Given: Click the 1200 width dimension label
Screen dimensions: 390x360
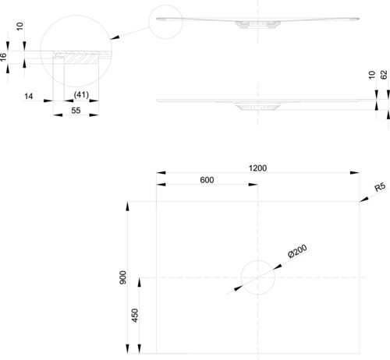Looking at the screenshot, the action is tap(257, 168).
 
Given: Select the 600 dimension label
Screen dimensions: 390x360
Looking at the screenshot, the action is tap(207, 180).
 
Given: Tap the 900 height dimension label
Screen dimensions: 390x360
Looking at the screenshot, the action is tap(123, 277).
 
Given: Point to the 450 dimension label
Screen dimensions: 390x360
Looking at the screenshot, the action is tap(135, 316).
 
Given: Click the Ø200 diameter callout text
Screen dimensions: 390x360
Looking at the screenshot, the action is tap(298, 251).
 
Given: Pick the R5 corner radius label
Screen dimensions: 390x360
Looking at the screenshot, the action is tap(380, 187).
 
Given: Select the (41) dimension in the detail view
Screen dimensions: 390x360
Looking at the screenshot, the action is tap(81, 95).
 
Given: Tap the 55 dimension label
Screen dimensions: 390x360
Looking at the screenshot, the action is tap(76, 111).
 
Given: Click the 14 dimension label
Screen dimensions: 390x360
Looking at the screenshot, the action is tap(29, 97).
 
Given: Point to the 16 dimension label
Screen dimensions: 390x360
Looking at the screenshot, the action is tap(3, 57).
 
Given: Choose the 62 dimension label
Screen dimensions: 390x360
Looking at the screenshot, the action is tap(384, 75).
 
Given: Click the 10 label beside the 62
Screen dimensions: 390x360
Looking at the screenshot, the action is tap(372, 75).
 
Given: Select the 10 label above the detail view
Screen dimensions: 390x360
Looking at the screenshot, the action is tap(19, 26).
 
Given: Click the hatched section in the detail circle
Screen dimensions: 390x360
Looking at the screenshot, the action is tap(81, 58).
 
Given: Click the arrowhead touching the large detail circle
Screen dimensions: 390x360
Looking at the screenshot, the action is tap(115, 37).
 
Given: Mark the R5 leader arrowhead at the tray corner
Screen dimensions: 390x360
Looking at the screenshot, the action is tap(364, 199).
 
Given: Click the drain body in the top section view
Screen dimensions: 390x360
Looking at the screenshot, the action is tap(257, 25).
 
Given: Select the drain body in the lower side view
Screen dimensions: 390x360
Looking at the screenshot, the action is tap(257, 107).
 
